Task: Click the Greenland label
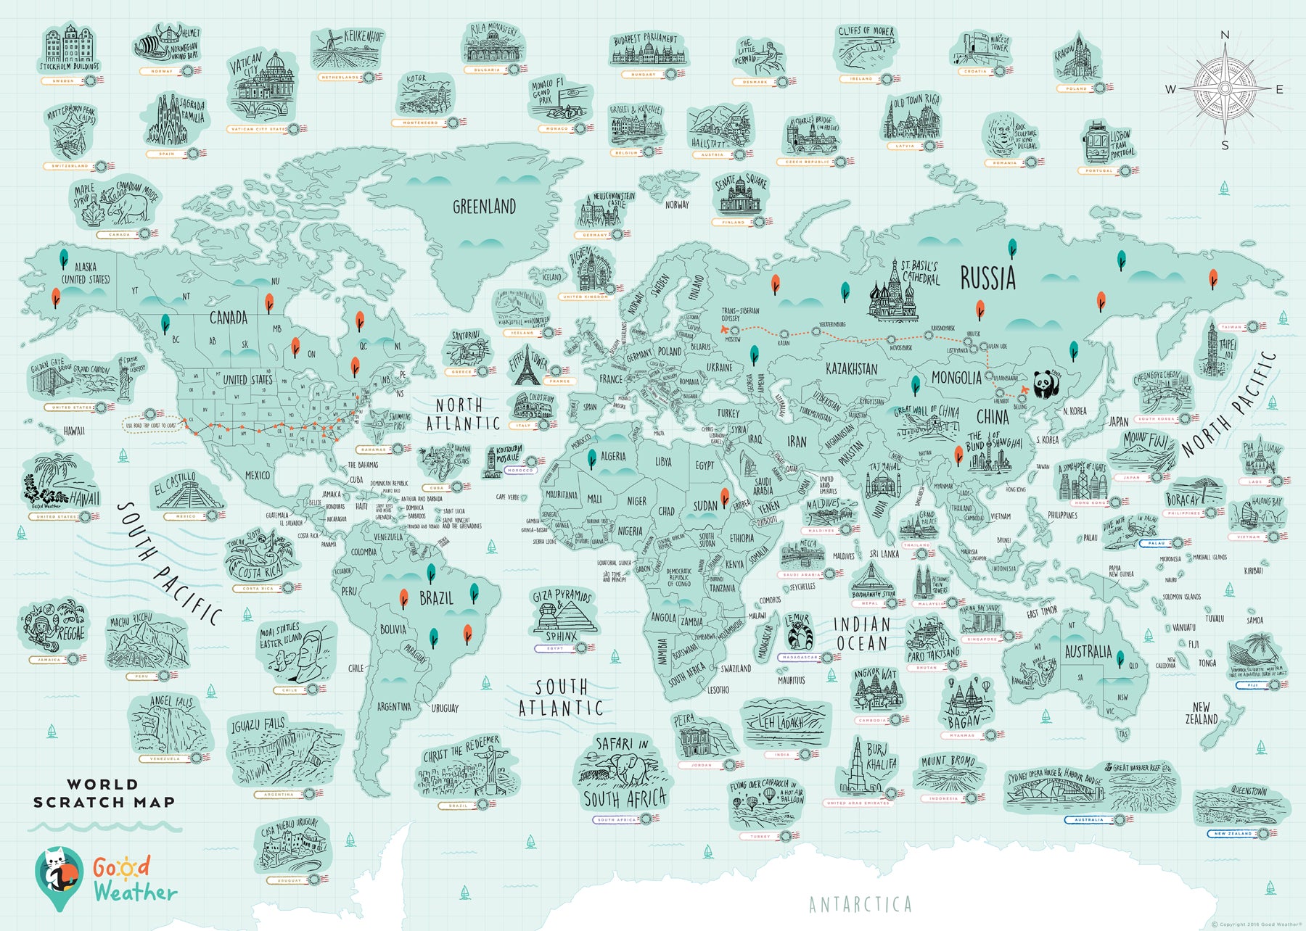[484, 207]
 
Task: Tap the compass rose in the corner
[1225, 89]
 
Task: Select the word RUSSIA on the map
[987, 278]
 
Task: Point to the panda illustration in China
[1046, 384]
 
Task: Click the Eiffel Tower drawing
[525, 370]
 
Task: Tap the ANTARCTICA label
[860, 904]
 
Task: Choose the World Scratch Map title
[104, 793]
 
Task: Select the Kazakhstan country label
[851, 369]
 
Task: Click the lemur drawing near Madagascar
[800, 632]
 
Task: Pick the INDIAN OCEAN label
[861, 634]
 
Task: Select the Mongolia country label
[956, 378]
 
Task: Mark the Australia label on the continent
[1088, 651]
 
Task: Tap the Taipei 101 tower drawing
[1212, 350]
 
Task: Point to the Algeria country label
[613, 456]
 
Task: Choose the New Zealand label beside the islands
[1201, 713]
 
